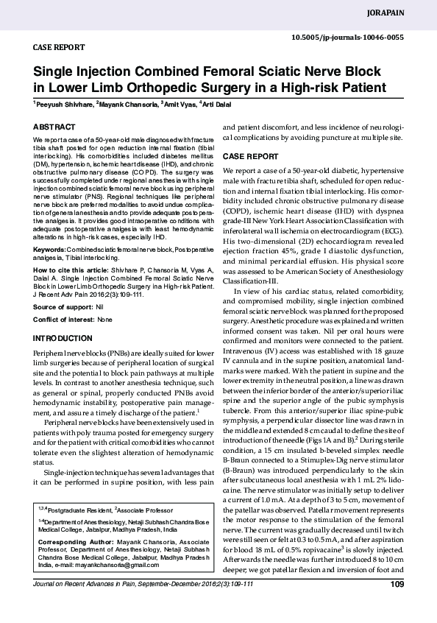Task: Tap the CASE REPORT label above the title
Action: point(59,46)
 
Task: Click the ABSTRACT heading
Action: point(54,127)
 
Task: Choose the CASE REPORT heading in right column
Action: point(250,157)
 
